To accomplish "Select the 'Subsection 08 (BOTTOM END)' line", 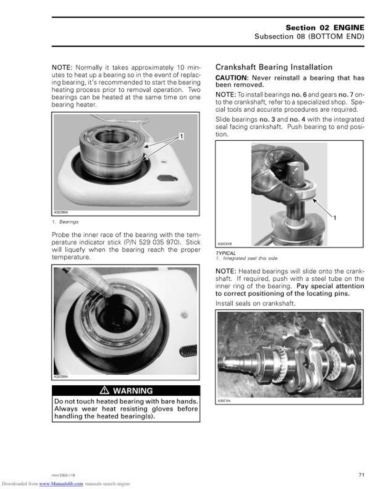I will click(309, 37).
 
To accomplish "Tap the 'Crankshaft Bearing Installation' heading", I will click(274, 67).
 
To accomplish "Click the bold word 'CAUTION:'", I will click(232, 78).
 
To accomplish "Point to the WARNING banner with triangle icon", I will click(126, 391).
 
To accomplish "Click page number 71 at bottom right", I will click(361, 474).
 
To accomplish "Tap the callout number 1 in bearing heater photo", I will click(181, 137).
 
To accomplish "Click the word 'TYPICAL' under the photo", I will click(226, 253).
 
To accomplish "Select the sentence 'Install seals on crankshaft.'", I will click(255, 303).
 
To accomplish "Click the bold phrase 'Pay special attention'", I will click(330, 286).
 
